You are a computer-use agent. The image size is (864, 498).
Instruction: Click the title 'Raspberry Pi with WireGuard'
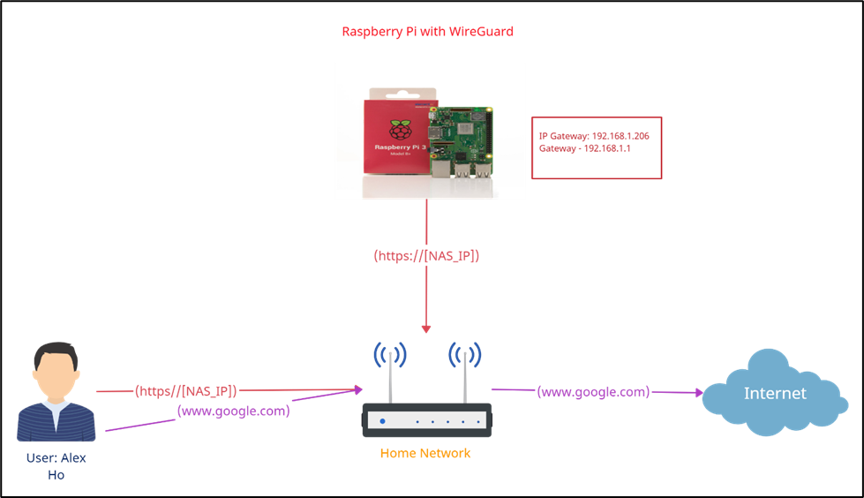coord(427,32)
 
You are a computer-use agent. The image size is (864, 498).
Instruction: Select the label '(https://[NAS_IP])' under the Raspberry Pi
coord(426,256)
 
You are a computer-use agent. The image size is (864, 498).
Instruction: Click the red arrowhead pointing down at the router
coord(426,328)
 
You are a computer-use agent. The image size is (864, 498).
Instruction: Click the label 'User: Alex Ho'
coord(56,466)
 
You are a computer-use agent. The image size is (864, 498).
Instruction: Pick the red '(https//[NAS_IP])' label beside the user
coord(186,390)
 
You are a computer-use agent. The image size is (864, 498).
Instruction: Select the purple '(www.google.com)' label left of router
coord(233,411)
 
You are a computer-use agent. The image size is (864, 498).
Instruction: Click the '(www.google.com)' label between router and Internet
coord(593,391)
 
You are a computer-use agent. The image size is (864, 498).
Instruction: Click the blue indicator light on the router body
coord(382,421)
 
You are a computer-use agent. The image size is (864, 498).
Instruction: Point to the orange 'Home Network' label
coord(425,453)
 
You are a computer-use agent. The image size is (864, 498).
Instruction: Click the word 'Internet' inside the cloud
coord(775,393)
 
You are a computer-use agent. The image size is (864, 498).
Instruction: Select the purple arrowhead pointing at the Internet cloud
coord(697,392)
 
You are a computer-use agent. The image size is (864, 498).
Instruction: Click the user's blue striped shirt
coord(56,421)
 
